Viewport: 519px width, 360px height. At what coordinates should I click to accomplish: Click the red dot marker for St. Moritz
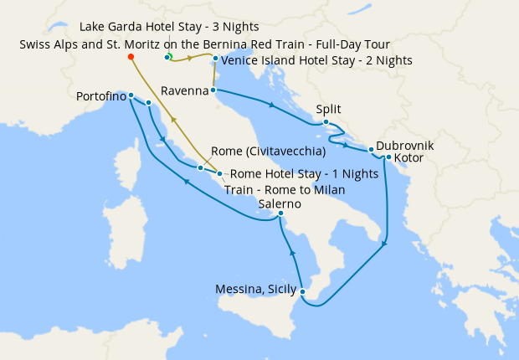[131, 57]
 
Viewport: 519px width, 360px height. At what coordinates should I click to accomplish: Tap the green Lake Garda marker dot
[168, 57]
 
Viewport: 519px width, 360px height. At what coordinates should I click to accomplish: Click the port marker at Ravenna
[213, 90]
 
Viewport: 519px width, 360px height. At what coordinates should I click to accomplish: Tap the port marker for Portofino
[131, 95]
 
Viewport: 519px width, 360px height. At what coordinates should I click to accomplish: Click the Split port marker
[326, 122]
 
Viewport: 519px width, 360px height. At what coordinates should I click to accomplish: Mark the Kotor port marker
[388, 157]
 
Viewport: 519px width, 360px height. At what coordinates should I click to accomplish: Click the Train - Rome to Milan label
[285, 189]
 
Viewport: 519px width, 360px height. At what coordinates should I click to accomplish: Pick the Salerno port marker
[281, 214]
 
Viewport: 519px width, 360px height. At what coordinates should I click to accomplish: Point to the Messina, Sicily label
[257, 290]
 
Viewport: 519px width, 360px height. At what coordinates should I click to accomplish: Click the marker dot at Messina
[302, 292]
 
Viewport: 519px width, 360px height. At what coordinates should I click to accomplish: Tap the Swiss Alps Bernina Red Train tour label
[204, 44]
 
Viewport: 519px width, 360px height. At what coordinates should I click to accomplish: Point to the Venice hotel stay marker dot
[215, 59]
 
